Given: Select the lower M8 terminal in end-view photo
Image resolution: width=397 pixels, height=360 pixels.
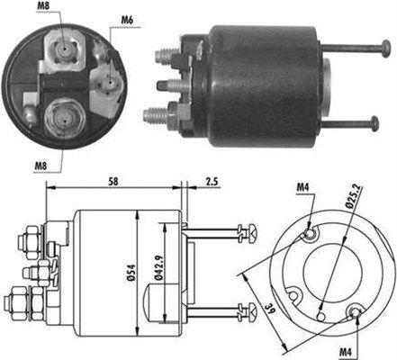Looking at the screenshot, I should (62, 116).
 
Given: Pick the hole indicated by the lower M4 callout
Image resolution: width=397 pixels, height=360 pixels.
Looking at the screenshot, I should (356, 312).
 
